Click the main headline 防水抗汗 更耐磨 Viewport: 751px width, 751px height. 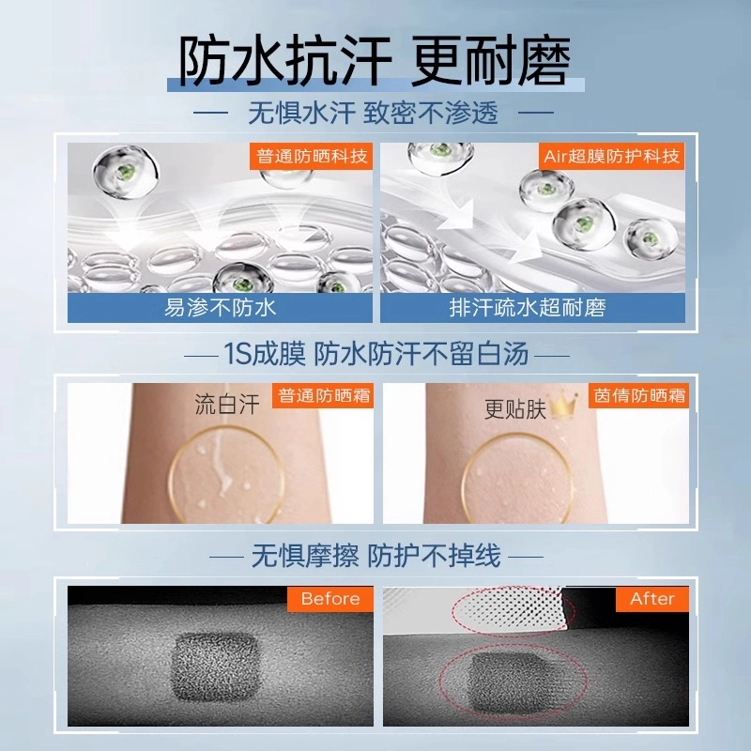coord(375,60)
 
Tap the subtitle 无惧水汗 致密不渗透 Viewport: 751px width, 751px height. coord(373,114)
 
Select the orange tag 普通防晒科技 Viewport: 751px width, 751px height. coord(312,156)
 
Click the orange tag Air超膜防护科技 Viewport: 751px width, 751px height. coord(612,156)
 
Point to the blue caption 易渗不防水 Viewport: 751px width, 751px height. coord(220,308)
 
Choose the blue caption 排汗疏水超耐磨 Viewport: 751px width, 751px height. coord(528,308)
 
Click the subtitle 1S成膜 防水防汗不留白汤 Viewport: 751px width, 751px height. coord(376,355)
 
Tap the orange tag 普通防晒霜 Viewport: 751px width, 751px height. coord(323,395)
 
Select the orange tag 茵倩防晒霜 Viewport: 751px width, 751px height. coord(639,395)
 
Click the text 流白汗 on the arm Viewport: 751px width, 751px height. coord(227,405)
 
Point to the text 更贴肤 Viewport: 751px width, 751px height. coord(514,409)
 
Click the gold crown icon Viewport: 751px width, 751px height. coord(562,406)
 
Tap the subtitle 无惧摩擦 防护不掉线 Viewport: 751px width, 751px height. coord(376,557)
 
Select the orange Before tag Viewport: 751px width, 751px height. coord(330,599)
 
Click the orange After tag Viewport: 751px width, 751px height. coord(652,599)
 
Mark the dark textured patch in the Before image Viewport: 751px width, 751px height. coord(215,667)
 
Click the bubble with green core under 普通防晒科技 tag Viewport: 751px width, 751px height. coord(126,171)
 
